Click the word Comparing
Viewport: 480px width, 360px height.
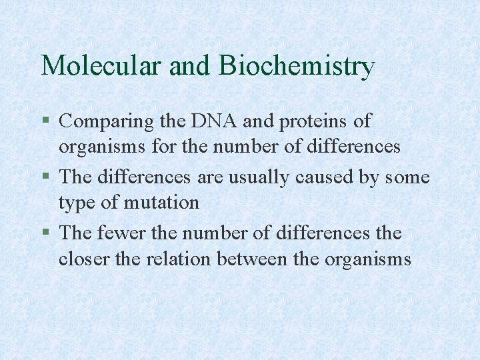point(107,122)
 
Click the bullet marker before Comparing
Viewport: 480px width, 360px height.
point(45,121)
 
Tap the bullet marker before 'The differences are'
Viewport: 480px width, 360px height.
point(45,177)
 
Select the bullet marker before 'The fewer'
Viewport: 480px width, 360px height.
point(45,233)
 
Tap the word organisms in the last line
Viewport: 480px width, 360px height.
point(367,259)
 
